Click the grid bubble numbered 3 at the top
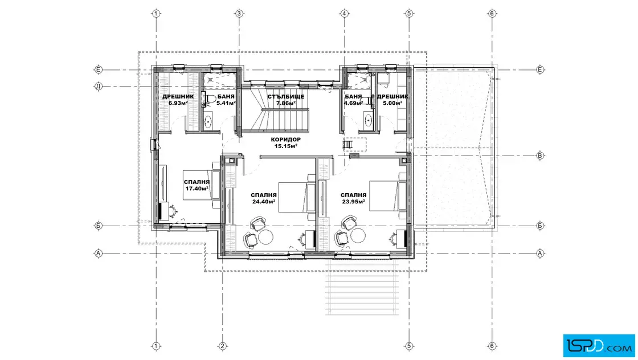(x=239, y=14)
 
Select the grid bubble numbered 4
(x=344, y=14)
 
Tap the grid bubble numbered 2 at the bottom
(x=222, y=346)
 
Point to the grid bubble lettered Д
(x=99, y=86)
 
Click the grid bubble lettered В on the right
(x=540, y=156)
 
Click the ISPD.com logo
(x=599, y=345)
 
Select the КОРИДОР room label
(x=285, y=140)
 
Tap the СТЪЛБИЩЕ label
(x=285, y=97)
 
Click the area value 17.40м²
(x=197, y=189)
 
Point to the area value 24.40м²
(x=264, y=201)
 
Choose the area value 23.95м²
(x=353, y=201)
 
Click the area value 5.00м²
(x=392, y=103)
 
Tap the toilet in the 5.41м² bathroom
(x=210, y=99)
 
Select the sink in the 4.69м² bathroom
(x=368, y=120)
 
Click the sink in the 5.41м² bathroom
(x=208, y=121)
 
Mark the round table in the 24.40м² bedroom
(x=265, y=237)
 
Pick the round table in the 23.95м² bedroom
(x=358, y=235)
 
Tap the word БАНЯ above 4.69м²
(x=353, y=97)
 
